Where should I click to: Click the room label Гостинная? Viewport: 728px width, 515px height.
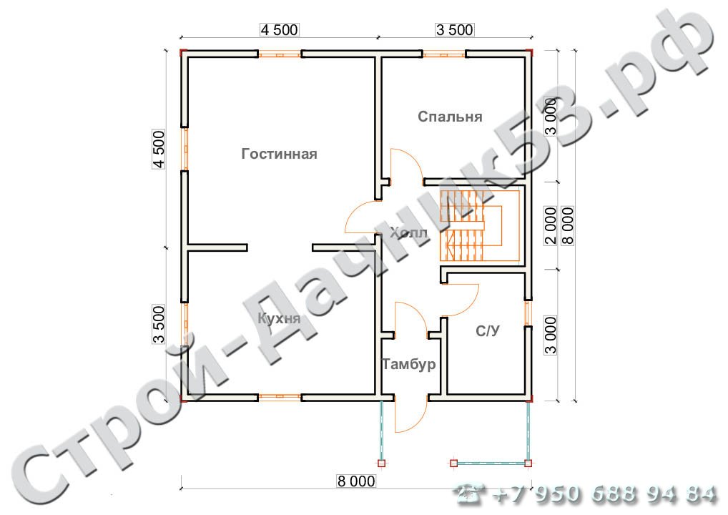[279, 154]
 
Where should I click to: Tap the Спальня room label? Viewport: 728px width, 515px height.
[450, 116]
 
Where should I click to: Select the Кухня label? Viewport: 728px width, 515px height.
[279, 318]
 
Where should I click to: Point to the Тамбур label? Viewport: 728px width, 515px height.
[409, 363]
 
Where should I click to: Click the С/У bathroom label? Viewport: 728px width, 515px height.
[488, 331]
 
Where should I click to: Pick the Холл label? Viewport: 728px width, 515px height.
[408, 232]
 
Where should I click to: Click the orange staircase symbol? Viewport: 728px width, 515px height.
[480, 226]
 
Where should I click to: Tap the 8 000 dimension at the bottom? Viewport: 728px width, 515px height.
[356, 481]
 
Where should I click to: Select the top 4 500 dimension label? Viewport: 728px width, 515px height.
[279, 30]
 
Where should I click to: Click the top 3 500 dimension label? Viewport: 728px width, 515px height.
[455, 30]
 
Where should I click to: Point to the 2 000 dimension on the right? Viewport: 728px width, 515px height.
[550, 226]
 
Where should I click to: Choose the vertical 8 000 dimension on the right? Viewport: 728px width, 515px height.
[568, 226]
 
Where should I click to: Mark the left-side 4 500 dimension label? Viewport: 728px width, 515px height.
[159, 149]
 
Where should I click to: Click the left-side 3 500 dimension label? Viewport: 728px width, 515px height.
[159, 324]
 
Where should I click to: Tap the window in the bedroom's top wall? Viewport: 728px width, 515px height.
[444, 54]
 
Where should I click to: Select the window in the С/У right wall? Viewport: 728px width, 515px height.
[528, 313]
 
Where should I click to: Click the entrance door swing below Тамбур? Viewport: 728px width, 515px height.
[410, 415]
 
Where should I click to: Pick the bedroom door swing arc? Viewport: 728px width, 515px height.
[407, 164]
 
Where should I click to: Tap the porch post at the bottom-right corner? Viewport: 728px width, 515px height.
[528, 463]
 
